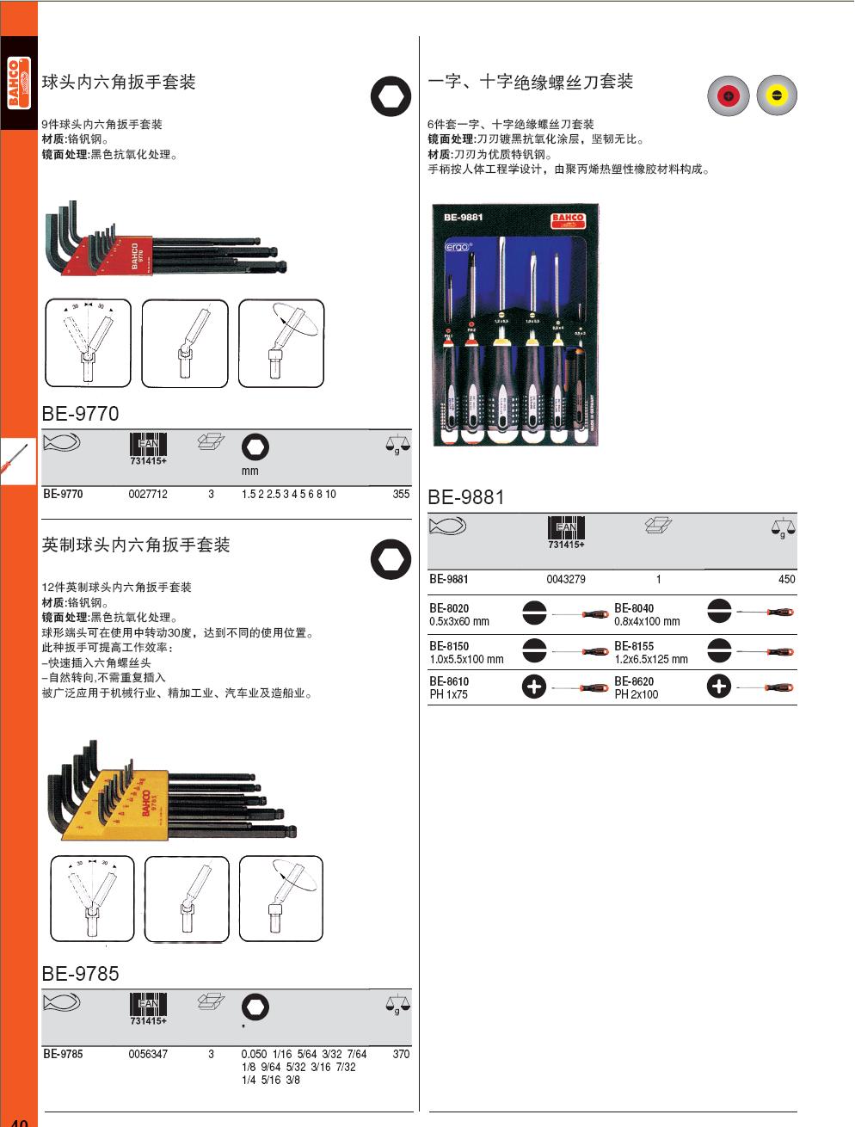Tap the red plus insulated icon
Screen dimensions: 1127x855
(728, 95)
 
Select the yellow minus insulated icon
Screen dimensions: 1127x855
(777, 95)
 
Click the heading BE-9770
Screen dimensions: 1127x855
(80, 414)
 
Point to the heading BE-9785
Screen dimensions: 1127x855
(80, 974)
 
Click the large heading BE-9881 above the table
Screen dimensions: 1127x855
(466, 497)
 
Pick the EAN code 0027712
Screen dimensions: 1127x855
(148, 495)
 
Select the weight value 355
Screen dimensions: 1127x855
(401, 495)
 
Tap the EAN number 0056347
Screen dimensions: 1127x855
(148, 1054)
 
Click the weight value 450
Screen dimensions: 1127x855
(786, 580)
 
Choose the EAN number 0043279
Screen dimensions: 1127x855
(566, 580)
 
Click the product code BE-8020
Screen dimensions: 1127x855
(449, 608)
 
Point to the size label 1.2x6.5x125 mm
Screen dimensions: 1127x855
(651, 660)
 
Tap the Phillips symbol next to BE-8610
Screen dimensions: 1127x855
(534, 687)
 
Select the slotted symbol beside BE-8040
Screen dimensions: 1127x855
(719, 613)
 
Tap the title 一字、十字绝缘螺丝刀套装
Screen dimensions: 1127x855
(531, 82)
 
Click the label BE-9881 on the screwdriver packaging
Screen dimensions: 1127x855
(464, 218)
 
